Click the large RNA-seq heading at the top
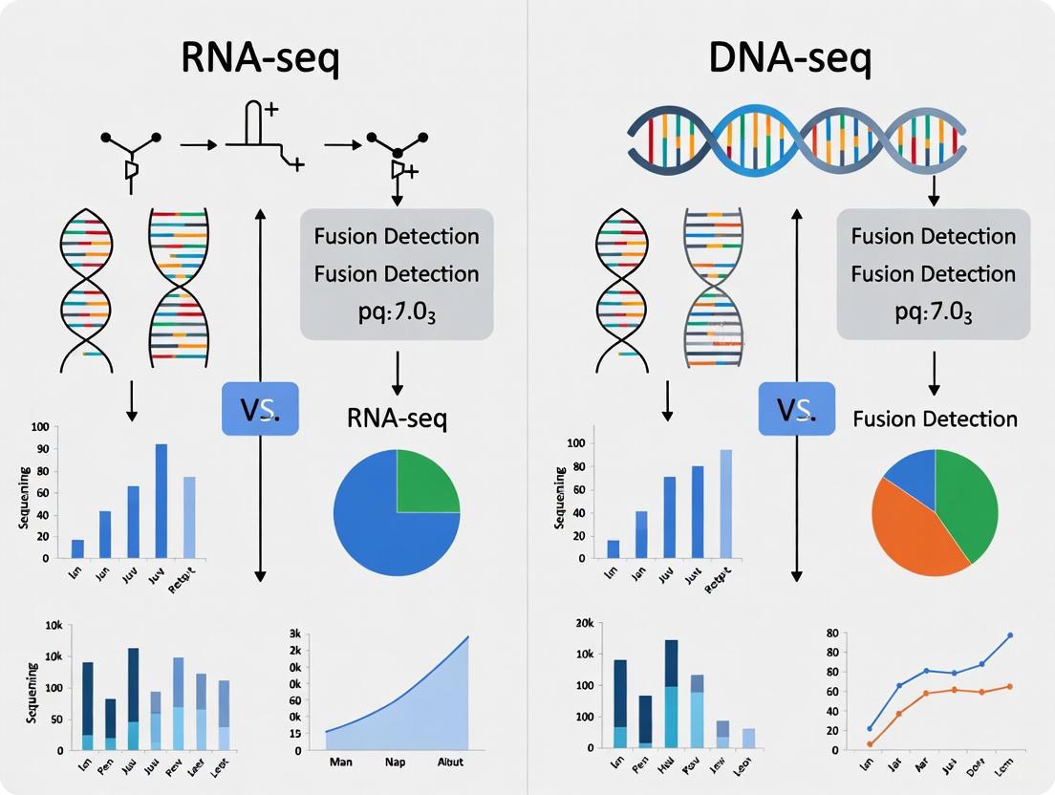261,60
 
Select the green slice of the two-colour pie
426,481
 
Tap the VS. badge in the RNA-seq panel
260,409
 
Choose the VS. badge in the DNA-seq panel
796,409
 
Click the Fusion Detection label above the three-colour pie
935,419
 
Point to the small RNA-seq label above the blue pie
397,419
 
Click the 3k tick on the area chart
294,634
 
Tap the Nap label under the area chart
396,763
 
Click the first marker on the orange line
870,743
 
